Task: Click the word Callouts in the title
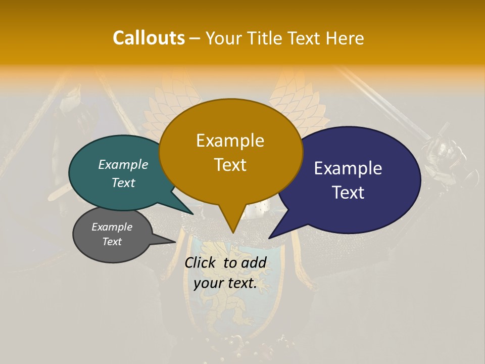(149, 38)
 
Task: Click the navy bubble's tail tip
(270, 238)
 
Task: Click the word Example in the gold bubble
(230, 141)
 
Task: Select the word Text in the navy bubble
(348, 193)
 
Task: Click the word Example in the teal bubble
(123, 164)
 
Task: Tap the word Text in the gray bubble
(112, 242)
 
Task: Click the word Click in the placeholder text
(201, 262)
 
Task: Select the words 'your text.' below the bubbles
(225, 283)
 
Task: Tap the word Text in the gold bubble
(230, 165)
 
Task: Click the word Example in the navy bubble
(348, 168)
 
